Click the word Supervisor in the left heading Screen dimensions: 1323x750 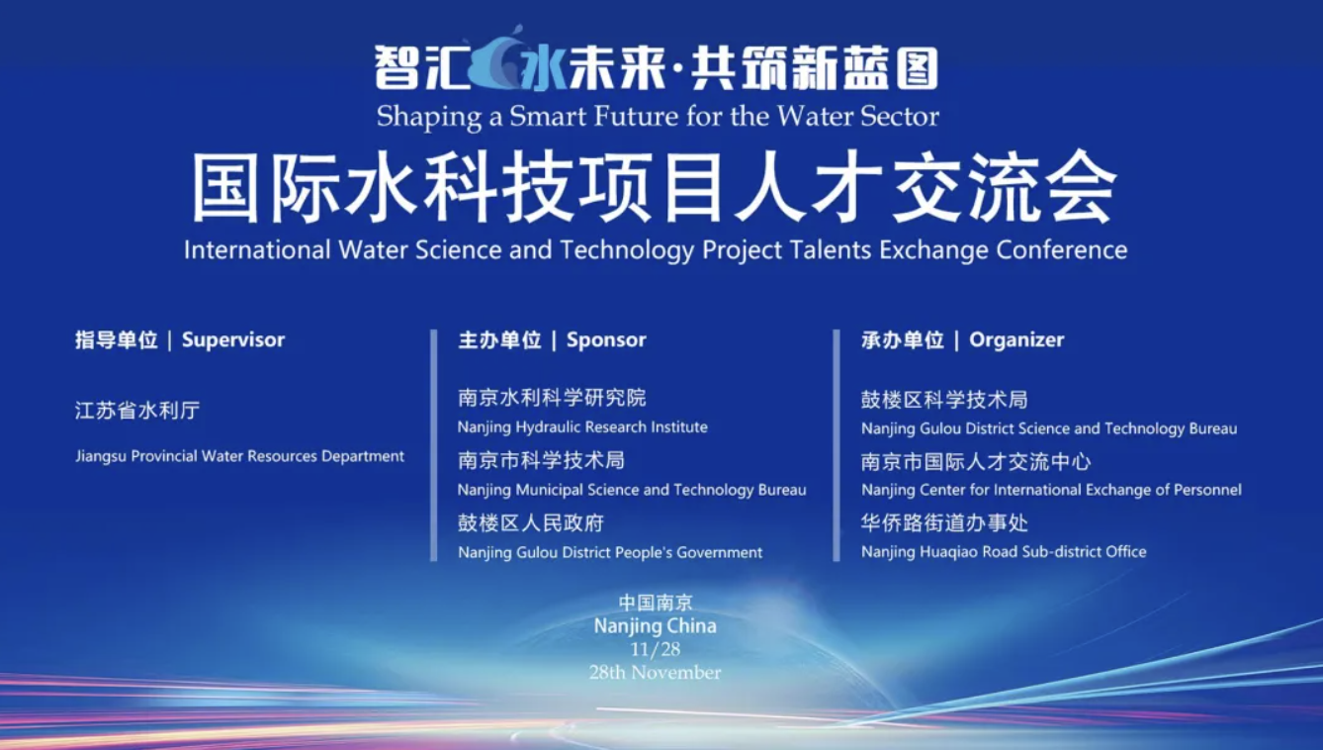pyautogui.click(x=233, y=339)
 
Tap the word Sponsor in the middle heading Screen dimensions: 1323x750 pyautogui.click(x=606, y=339)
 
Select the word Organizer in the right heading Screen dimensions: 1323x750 pyautogui.click(x=1016, y=339)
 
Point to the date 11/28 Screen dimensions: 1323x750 pyautogui.click(x=655, y=649)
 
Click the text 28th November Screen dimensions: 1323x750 pyautogui.click(x=655, y=672)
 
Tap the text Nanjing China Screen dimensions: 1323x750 pyautogui.click(x=655, y=626)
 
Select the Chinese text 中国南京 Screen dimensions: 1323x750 pyautogui.click(x=655, y=603)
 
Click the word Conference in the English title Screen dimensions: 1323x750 pyautogui.click(x=1062, y=249)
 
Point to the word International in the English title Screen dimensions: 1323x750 pyautogui.click(x=257, y=249)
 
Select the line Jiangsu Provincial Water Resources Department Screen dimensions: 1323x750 pyautogui.click(x=240, y=457)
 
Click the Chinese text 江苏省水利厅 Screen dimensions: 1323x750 pyautogui.click(x=137, y=411)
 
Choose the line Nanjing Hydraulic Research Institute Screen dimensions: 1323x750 pyautogui.click(x=582, y=427)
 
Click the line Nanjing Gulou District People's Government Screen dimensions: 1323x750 pyautogui.click(x=610, y=552)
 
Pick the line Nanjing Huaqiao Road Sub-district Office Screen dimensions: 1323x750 pyautogui.click(x=1004, y=552)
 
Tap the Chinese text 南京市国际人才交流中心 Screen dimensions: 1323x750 pyautogui.click(x=976, y=462)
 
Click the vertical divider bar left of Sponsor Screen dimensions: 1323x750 pyautogui.click(x=434, y=445)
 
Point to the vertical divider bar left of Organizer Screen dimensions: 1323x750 pyautogui.click(x=837, y=445)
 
